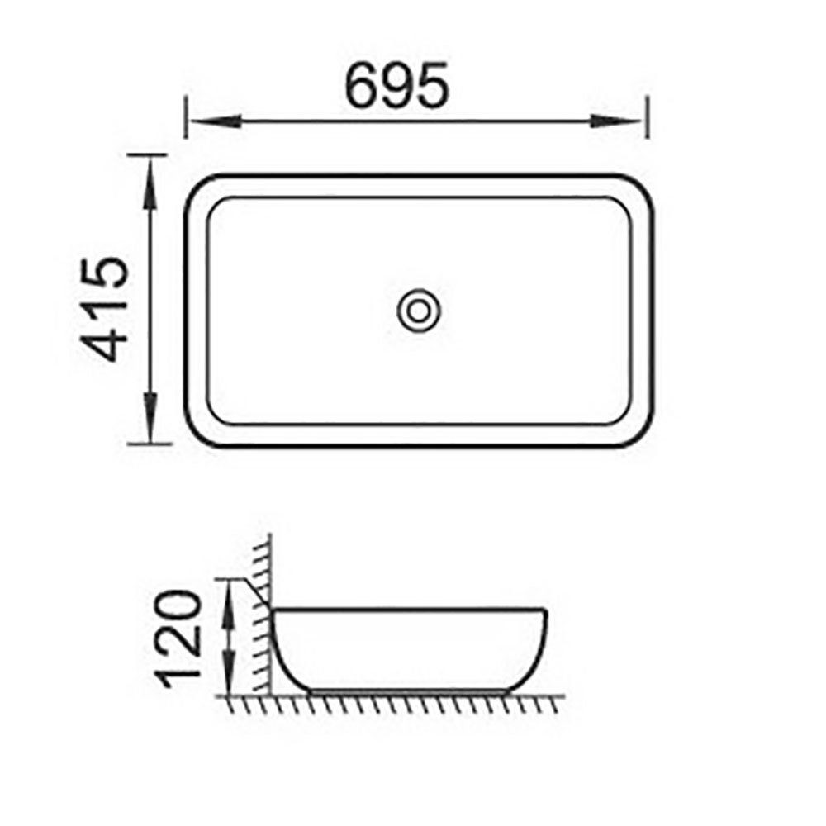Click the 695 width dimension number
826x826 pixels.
coord(396,85)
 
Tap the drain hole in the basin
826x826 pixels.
coord(417,311)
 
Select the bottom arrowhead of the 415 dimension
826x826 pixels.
coord(150,430)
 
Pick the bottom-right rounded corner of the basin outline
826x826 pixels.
coord(643,433)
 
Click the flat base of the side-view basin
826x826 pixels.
coord(409,690)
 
